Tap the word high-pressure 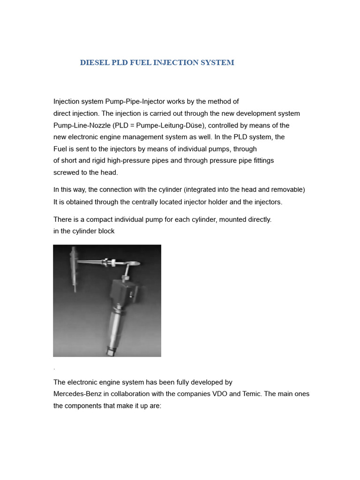click(x=111, y=161)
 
